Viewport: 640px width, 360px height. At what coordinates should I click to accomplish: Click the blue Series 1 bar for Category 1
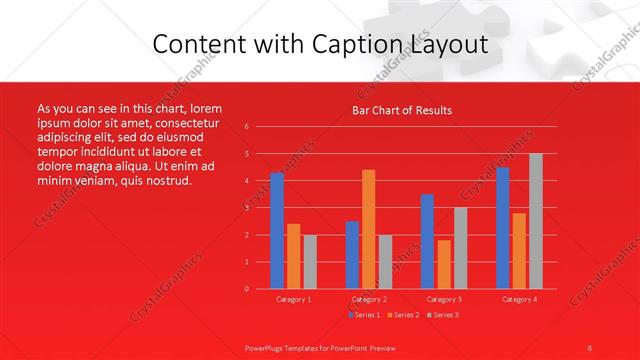pos(277,230)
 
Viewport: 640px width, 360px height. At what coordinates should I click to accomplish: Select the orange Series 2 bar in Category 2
pos(369,229)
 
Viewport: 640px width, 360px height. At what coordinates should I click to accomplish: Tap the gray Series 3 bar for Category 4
pos(536,221)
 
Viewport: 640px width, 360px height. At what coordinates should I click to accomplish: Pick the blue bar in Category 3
pos(427,241)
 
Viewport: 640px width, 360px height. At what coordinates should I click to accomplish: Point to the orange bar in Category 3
pos(444,264)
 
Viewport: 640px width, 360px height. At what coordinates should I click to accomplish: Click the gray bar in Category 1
pos(310,262)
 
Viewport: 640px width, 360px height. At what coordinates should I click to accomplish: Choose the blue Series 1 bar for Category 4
pos(503,228)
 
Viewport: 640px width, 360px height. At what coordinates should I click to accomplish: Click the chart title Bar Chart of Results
pos(402,110)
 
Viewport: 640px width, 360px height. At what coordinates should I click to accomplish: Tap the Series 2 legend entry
pos(403,315)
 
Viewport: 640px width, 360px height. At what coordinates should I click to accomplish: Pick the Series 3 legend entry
pos(443,315)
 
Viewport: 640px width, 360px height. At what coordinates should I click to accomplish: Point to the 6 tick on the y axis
pos(247,127)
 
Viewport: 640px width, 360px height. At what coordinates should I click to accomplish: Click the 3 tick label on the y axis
pos(247,208)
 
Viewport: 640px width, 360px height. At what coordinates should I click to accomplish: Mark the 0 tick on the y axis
pos(247,289)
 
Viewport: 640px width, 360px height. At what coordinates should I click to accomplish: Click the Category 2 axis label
pos(369,299)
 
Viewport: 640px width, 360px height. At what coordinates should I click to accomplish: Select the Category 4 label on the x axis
pos(519,299)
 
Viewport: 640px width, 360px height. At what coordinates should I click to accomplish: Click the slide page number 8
pos(589,346)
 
